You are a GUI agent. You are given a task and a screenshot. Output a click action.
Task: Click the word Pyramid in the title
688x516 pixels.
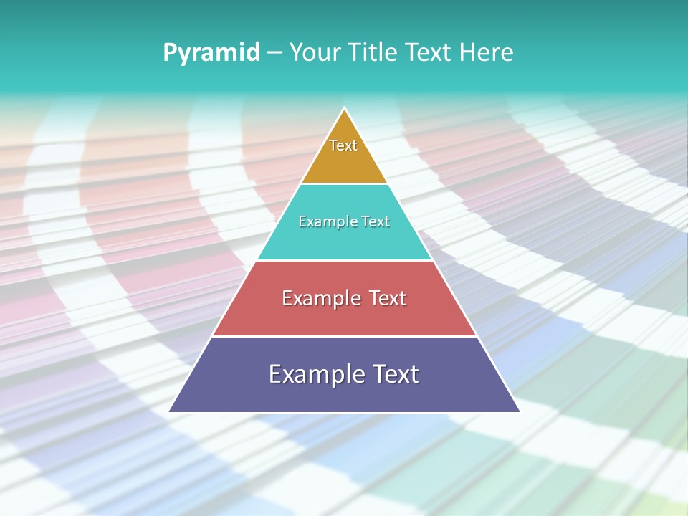point(211,53)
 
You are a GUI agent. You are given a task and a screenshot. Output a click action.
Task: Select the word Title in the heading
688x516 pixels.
point(374,52)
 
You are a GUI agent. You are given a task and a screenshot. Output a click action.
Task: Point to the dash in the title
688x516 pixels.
point(274,53)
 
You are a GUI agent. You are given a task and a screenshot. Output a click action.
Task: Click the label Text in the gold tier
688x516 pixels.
point(343,145)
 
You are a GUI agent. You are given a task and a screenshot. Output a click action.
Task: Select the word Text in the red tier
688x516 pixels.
point(386,298)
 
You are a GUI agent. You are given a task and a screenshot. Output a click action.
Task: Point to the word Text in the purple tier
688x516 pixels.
point(393,374)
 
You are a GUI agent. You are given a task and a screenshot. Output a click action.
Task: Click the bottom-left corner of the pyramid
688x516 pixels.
point(171,411)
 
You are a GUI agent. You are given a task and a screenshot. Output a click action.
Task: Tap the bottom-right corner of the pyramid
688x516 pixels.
point(519,411)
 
